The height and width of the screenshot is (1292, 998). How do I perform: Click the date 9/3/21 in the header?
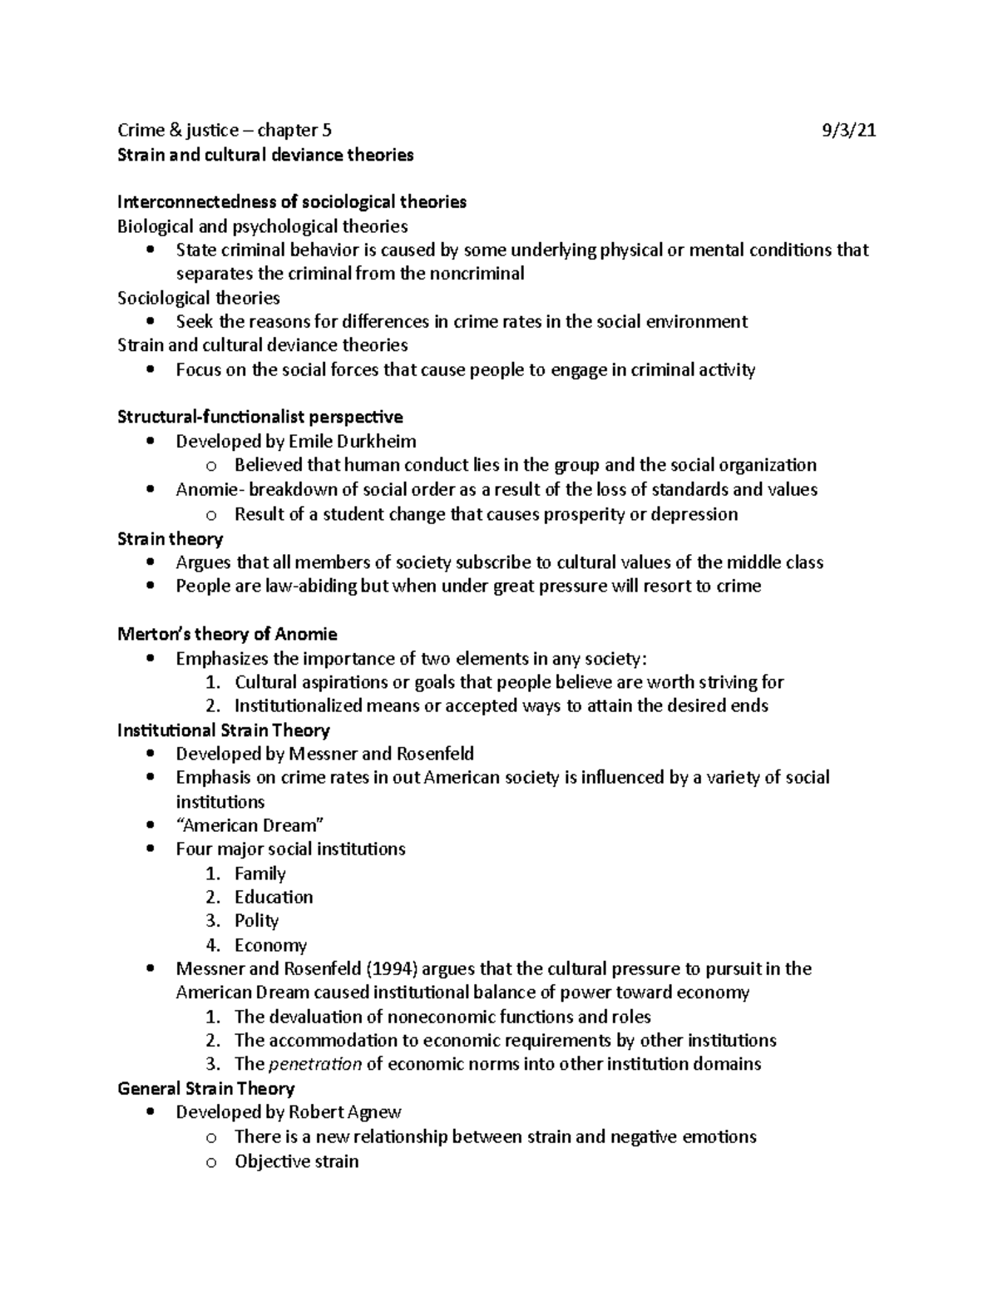pos(848,131)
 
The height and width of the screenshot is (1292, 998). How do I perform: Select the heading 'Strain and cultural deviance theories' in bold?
pos(265,155)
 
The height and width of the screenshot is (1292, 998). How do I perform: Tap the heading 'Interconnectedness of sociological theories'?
pos(292,202)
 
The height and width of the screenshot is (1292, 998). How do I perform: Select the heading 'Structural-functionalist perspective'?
pos(260,417)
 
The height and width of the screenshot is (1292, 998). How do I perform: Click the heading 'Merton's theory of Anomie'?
pos(227,634)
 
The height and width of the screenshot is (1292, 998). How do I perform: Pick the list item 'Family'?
pos(259,874)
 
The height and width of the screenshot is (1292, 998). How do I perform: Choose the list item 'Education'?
pos(274,897)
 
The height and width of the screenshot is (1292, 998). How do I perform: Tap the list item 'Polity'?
pos(256,921)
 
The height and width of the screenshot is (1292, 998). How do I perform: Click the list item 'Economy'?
pos(270,945)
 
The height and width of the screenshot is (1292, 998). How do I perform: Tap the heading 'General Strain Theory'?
pos(206,1088)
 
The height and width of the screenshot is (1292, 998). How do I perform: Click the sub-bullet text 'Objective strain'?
pos(296,1161)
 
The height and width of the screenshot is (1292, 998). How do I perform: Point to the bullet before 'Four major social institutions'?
pos(150,849)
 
